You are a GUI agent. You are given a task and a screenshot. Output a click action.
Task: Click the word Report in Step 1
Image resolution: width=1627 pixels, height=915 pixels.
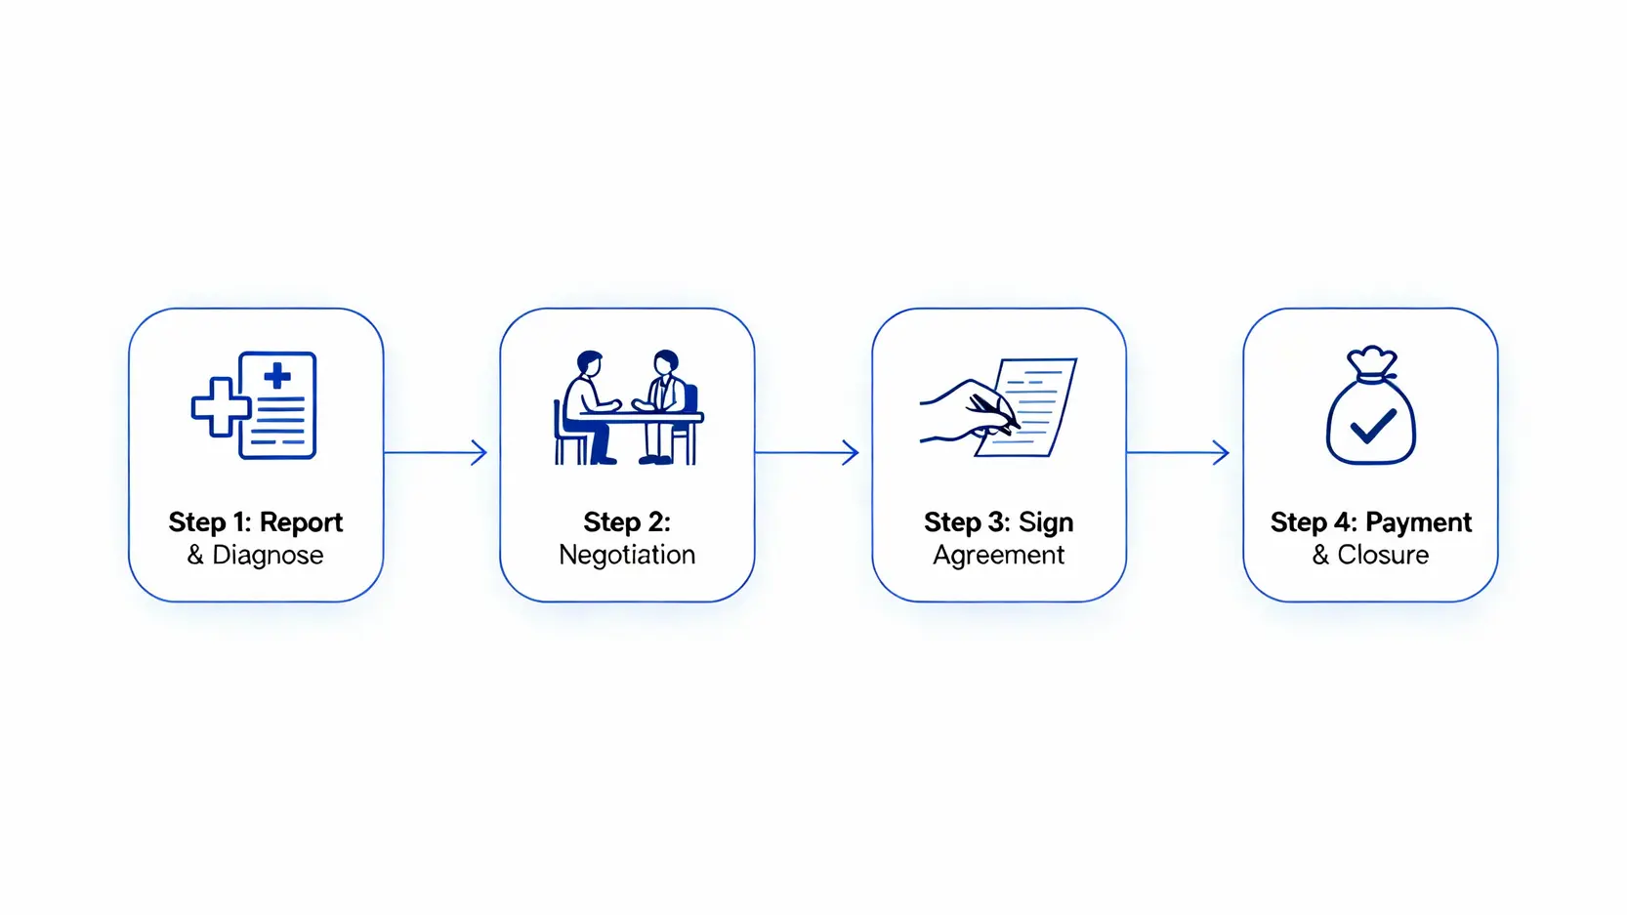pos(301,523)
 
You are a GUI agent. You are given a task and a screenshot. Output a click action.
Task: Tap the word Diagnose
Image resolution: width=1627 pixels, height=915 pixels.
pos(268,556)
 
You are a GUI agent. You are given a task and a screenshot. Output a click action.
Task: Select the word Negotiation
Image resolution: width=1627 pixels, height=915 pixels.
pos(627,556)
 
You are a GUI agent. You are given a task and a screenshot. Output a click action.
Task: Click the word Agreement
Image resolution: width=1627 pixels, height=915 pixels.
pos(998,556)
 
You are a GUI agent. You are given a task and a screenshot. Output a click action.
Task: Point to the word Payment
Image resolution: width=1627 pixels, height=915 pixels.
pos(1418,523)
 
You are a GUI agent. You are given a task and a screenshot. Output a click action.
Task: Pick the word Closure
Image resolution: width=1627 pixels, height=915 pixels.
pos(1383,556)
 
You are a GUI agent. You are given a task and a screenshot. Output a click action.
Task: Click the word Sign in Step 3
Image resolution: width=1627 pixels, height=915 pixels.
pos(1046,523)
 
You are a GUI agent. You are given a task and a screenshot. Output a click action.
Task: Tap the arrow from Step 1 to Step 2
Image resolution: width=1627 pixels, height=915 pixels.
pos(436,452)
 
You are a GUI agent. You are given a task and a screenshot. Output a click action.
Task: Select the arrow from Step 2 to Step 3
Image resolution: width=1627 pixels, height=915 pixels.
pos(807,452)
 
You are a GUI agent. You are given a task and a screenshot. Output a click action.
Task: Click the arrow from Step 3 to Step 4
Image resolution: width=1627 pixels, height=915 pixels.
pos(1178,452)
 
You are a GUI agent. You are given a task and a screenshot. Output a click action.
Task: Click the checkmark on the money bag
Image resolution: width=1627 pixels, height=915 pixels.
pos(1372,426)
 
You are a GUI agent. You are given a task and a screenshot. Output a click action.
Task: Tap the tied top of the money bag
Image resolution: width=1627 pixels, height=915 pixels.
pos(1372,362)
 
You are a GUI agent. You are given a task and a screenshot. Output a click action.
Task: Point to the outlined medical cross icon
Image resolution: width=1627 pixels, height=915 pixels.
pos(220,406)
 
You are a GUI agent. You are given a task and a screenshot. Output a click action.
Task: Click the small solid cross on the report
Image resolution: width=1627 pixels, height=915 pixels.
pos(277,375)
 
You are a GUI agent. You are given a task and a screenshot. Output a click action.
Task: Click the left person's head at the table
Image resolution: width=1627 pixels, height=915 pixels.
pos(589,363)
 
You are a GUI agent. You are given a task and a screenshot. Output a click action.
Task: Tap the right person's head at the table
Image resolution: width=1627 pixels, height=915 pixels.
pos(665,362)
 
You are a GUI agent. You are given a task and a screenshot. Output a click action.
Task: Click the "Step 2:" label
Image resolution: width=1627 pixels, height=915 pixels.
pos(627,523)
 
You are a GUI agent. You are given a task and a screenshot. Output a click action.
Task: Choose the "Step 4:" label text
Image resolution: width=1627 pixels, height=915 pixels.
pos(1314,523)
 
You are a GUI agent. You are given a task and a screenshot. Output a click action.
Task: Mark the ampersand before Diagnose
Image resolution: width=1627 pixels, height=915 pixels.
pos(195,556)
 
